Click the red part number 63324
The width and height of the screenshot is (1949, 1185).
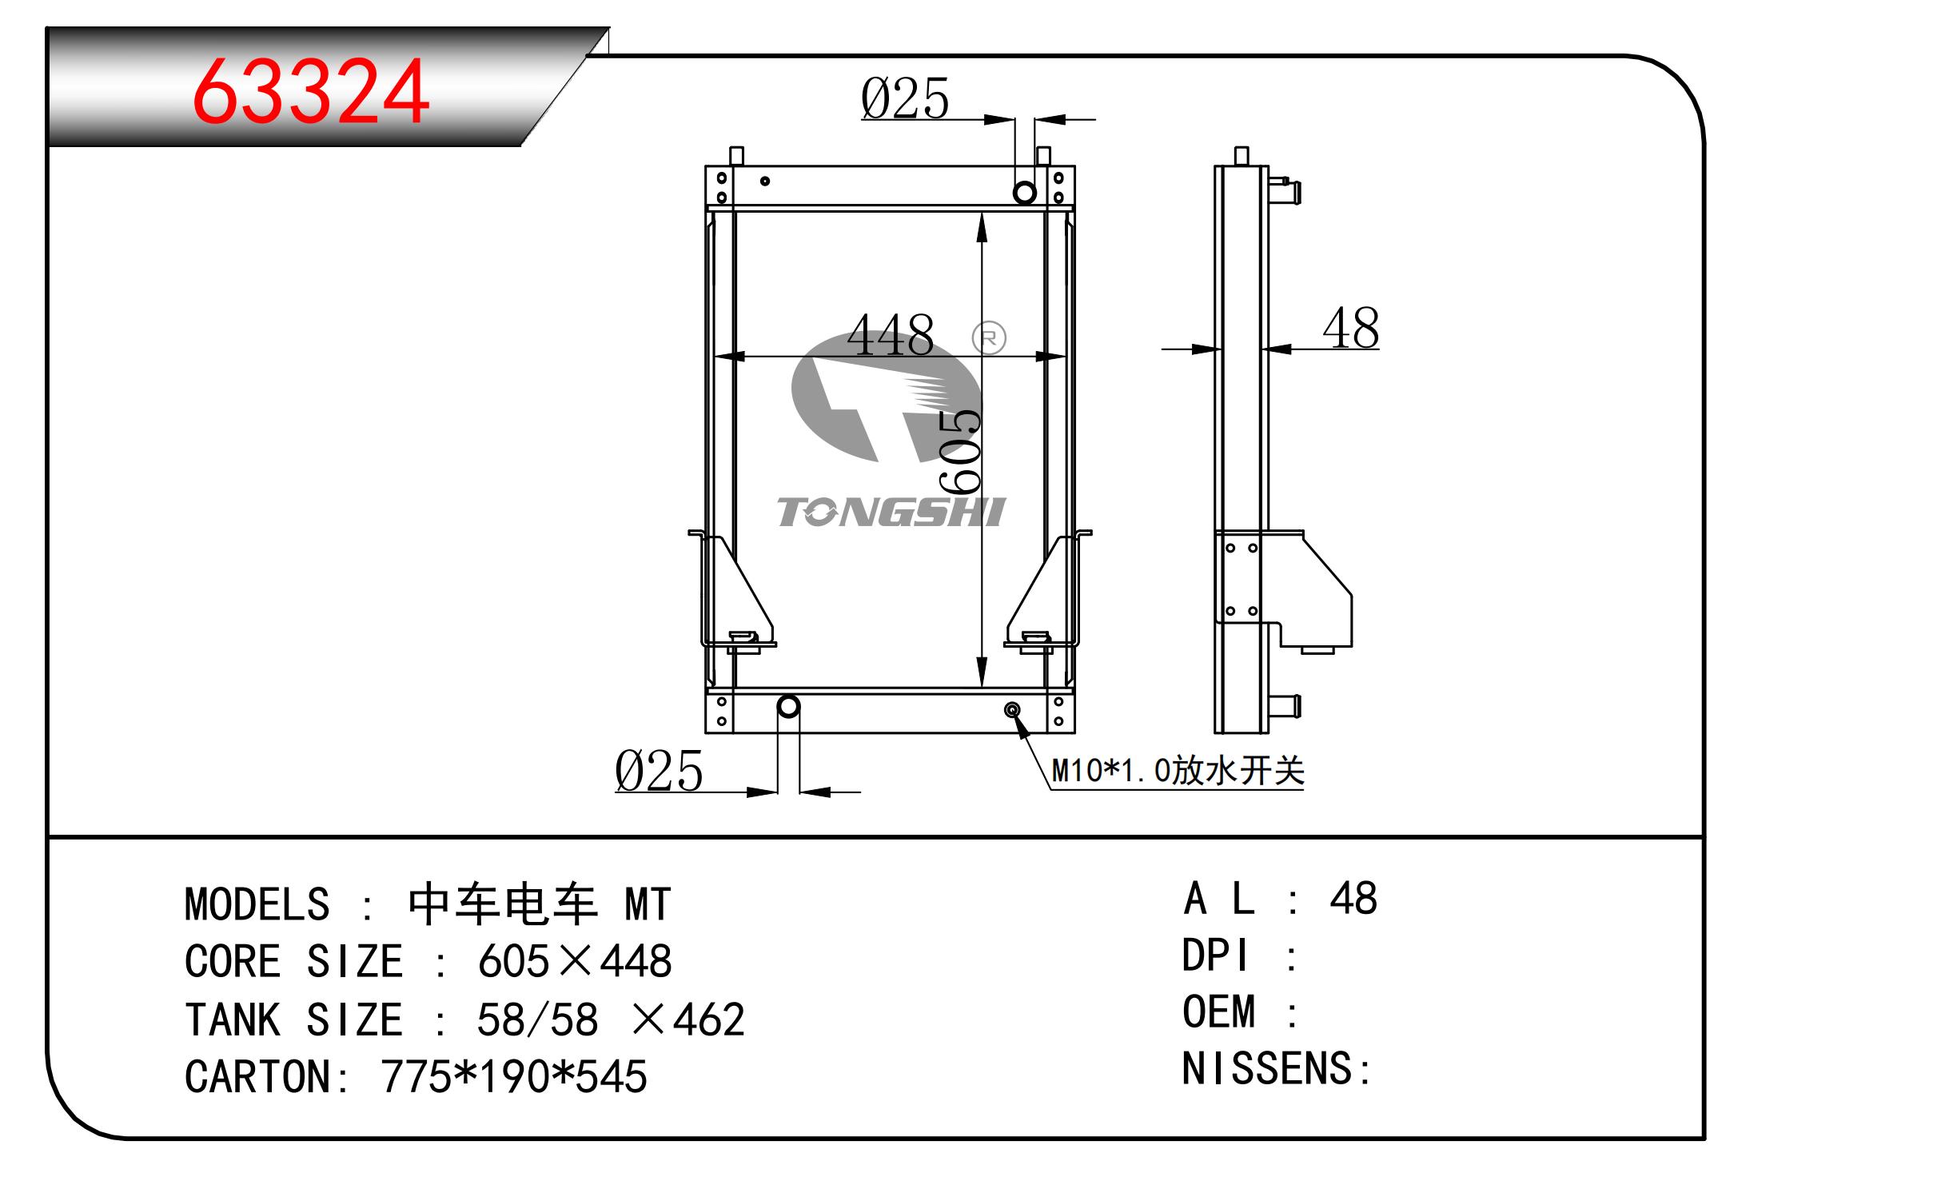pyautogui.click(x=310, y=93)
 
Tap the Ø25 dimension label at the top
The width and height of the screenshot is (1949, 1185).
pyautogui.click(x=904, y=99)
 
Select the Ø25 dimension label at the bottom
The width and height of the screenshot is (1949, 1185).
pyautogui.click(x=659, y=772)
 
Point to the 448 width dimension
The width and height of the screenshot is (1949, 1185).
pyautogui.click(x=890, y=336)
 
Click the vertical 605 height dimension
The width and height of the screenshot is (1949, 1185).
pyautogui.click(x=960, y=452)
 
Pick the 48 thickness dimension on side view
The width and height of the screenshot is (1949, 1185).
pyautogui.click(x=1350, y=329)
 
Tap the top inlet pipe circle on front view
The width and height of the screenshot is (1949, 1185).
pyautogui.click(x=1024, y=193)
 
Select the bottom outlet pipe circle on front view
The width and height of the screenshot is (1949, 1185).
pyautogui.click(x=788, y=707)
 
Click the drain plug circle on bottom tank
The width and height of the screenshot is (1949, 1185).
pyautogui.click(x=1012, y=710)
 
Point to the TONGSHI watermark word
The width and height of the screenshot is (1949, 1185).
pyautogui.click(x=891, y=513)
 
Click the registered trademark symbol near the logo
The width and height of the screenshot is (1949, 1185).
pyautogui.click(x=989, y=338)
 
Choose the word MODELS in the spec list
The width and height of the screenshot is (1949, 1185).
pyautogui.click(x=257, y=904)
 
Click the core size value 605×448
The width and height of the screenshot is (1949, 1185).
pyautogui.click(x=575, y=961)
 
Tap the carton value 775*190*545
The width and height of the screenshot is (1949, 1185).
pyautogui.click(x=513, y=1076)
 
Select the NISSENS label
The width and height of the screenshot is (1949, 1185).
pyautogui.click(x=1267, y=1069)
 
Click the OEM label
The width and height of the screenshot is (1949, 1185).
pyautogui.click(x=1218, y=1012)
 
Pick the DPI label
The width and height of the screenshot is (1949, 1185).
pyautogui.click(x=1214, y=956)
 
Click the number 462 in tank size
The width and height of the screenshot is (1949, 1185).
pyautogui.click(x=708, y=1019)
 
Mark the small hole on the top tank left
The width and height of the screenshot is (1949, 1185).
pyautogui.click(x=765, y=182)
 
